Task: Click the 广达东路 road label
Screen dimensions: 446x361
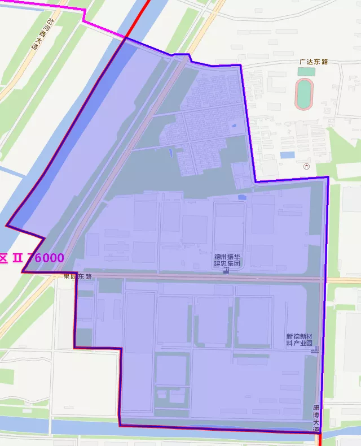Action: point(314,62)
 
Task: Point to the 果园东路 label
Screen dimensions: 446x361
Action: point(77,276)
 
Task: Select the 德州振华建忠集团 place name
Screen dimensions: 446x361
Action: point(227,259)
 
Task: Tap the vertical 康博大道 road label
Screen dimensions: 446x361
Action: point(316,418)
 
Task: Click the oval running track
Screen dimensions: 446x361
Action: point(305,94)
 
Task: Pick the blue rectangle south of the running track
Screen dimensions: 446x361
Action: point(287,155)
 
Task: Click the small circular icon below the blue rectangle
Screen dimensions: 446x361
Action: point(306,166)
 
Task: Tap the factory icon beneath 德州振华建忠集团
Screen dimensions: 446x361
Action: point(227,270)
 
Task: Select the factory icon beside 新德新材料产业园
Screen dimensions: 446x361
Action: point(314,349)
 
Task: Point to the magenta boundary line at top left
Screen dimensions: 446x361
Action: point(45,6)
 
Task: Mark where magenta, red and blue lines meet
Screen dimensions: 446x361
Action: point(125,38)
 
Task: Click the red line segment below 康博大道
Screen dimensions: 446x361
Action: point(320,440)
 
